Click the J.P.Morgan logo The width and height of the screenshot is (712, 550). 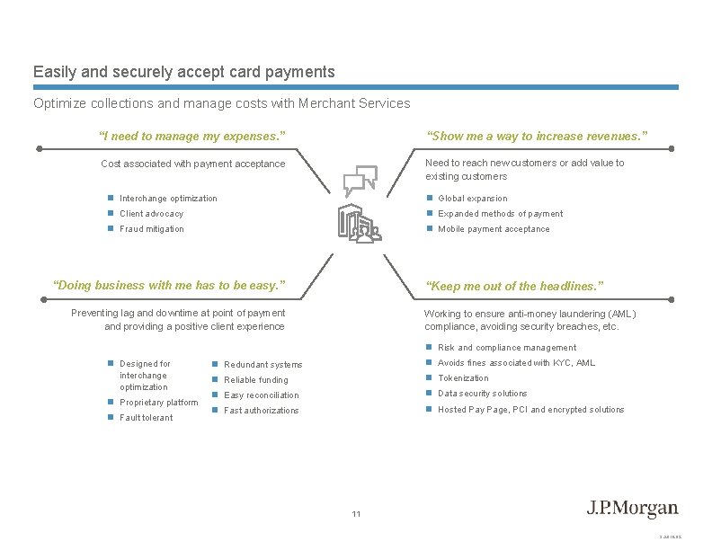click(632, 510)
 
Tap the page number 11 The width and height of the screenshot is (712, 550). click(356, 514)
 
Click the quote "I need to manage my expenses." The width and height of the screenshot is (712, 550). click(192, 136)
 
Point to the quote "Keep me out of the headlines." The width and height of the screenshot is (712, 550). click(515, 286)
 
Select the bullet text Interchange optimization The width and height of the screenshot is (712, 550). click(168, 199)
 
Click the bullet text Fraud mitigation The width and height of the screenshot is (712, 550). click(151, 229)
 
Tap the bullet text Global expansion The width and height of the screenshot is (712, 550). click(472, 199)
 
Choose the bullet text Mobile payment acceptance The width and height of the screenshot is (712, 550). click(494, 229)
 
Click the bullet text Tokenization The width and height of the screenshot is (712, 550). click(463, 378)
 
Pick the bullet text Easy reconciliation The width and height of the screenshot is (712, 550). click(261, 395)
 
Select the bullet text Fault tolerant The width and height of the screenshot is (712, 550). click(146, 418)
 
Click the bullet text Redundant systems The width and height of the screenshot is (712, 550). click(263, 365)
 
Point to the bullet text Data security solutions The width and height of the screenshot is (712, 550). click(482, 394)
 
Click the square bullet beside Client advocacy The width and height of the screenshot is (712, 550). click(109, 214)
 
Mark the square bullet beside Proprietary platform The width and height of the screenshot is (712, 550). click(109, 403)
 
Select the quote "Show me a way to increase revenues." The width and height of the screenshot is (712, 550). click(537, 136)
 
